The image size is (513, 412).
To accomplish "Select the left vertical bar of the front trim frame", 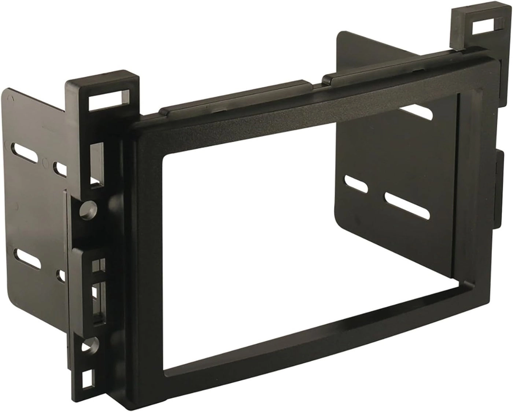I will click(x=145, y=257).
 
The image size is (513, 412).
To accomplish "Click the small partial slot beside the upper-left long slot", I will click(x=61, y=168).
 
